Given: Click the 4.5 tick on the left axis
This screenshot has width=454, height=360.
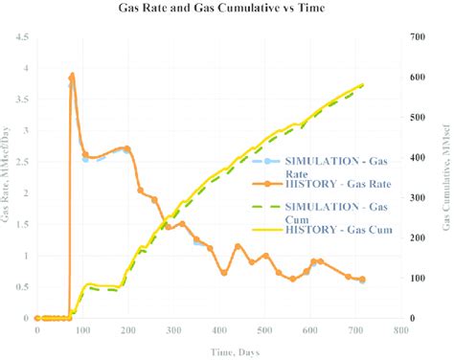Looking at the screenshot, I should click(22, 37).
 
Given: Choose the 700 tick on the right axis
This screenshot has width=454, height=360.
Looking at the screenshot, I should click(418, 37).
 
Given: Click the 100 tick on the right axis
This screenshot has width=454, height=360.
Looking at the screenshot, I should click(418, 278).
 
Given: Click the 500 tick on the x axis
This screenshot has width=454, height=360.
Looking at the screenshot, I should click(263, 329).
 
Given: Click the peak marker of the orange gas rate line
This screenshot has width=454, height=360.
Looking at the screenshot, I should click(72, 76).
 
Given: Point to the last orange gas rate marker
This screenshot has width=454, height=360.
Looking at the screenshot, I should click(362, 280).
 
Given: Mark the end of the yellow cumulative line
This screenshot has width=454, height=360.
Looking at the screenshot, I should click(363, 84).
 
